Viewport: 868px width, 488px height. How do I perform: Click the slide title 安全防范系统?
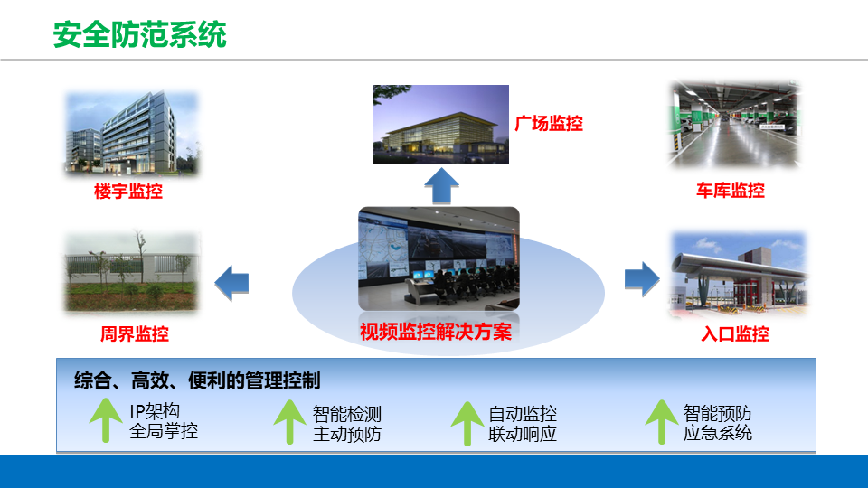click(139, 35)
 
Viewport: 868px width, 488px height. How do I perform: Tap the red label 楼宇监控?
click(127, 192)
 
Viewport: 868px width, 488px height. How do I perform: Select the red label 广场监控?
click(549, 123)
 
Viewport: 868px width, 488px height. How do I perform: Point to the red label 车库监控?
click(731, 191)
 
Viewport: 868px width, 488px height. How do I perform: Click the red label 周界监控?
click(134, 333)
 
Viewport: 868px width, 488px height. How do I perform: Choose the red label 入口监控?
click(734, 333)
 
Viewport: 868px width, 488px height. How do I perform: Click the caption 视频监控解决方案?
click(436, 332)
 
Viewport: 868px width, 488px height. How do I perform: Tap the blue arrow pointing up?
click(441, 186)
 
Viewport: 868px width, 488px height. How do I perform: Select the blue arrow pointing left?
click(231, 283)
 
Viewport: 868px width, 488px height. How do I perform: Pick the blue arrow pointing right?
click(642, 279)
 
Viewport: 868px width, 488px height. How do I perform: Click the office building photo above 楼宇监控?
click(132, 133)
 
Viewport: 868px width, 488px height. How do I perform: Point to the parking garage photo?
click(734, 125)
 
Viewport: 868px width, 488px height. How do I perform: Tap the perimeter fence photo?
click(132, 272)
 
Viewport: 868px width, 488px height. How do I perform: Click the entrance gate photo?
click(739, 275)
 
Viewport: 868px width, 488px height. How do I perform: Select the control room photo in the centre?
click(439, 258)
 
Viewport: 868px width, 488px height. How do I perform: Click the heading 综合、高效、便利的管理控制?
click(197, 380)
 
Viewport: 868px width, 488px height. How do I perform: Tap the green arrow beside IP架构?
click(106, 420)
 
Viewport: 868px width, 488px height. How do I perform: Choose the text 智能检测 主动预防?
click(347, 424)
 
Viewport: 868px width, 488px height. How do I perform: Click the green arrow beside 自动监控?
click(467, 423)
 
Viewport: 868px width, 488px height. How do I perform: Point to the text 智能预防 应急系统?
click(717, 423)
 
